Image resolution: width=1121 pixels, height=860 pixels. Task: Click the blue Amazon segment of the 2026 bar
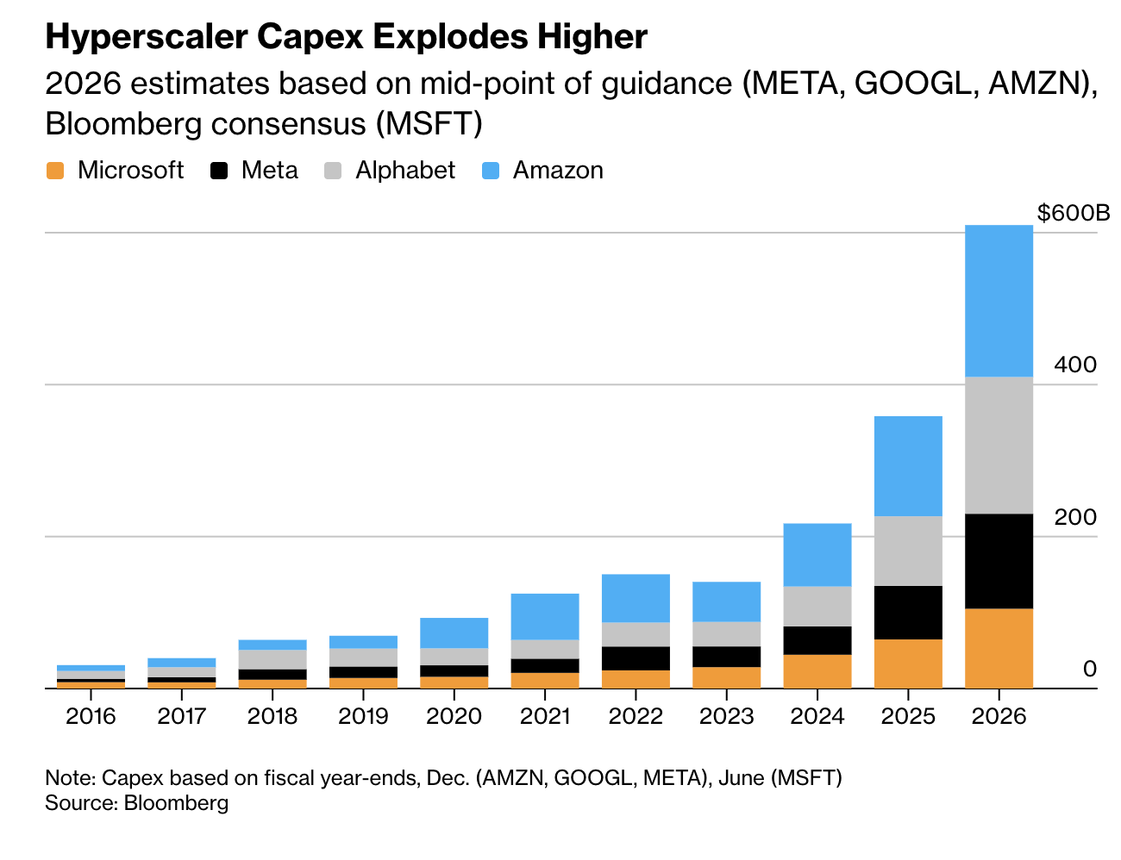[x=999, y=301]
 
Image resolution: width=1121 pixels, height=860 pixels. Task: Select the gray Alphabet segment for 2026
[x=999, y=445]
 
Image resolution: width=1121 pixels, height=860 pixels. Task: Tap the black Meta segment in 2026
[x=999, y=561]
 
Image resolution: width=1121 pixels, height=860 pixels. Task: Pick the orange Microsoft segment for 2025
[x=908, y=663]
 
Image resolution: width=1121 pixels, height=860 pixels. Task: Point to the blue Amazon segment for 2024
[x=817, y=554]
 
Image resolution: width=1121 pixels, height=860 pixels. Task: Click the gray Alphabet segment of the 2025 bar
[x=908, y=551]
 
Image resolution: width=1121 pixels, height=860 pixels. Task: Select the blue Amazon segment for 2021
[x=545, y=616]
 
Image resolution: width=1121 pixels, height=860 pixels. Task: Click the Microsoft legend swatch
[x=55, y=171]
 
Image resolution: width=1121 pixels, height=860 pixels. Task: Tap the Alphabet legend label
[x=404, y=171]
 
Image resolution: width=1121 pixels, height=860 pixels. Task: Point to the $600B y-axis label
[x=1073, y=213]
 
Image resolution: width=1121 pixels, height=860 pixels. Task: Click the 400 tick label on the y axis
[x=1074, y=365]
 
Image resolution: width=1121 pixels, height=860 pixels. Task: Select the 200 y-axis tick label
[x=1074, y=517]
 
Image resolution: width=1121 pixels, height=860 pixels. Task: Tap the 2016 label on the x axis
[x=91, y=716]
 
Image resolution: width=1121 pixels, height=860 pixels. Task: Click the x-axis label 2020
[x=454, y=716]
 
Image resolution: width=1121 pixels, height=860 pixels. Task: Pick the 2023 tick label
[x=727, y=716]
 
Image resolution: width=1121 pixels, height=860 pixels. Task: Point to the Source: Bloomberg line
[x=137, y=803]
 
